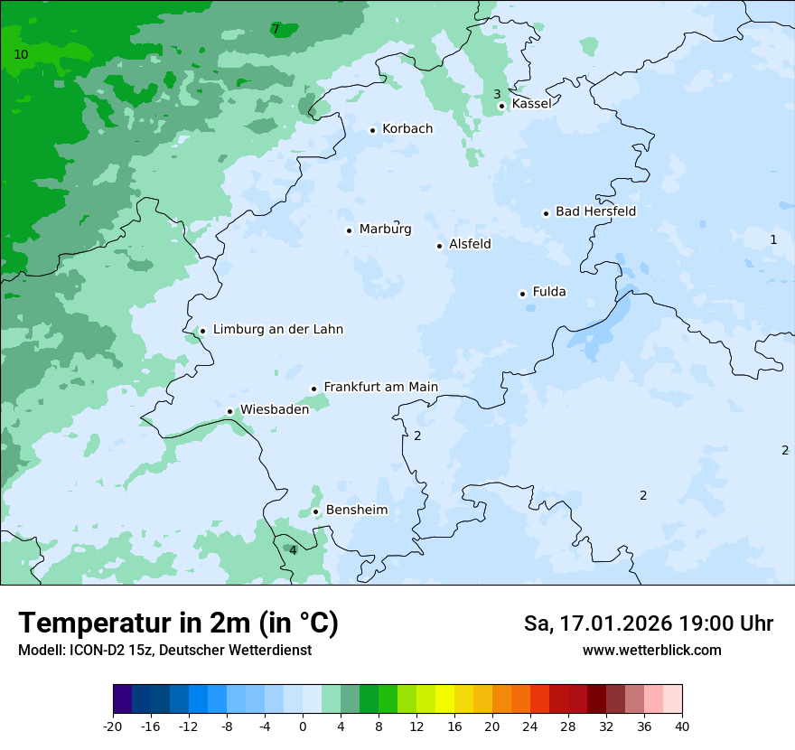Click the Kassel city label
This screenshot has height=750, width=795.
click(531, 104)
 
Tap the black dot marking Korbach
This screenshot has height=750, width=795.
click(372, 130)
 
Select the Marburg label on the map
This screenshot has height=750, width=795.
click(385, 230)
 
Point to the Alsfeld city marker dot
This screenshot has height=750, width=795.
click(440, 246)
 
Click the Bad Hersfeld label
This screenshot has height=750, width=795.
click(595, 211)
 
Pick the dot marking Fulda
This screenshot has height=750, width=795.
click(522, 294)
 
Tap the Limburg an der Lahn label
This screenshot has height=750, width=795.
click(277, 330)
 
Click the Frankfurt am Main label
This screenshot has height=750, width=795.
click(380, 387)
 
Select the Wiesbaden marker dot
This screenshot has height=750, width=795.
click(230, 411)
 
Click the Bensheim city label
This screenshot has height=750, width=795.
click(356, 511)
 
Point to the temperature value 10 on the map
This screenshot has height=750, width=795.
click(21, 55)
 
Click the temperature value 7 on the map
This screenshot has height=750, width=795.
click(276, 30)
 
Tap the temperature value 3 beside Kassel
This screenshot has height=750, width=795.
click(497, 94)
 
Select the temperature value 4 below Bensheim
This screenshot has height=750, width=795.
click(293, 550)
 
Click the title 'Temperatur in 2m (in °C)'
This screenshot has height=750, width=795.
click(178, 623)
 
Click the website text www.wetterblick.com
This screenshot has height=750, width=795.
click(651, 651)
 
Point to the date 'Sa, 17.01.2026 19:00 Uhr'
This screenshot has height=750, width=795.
click(648, 623)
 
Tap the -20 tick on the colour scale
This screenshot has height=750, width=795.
click(113, 726)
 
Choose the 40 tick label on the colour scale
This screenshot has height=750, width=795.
click(682, 726)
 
